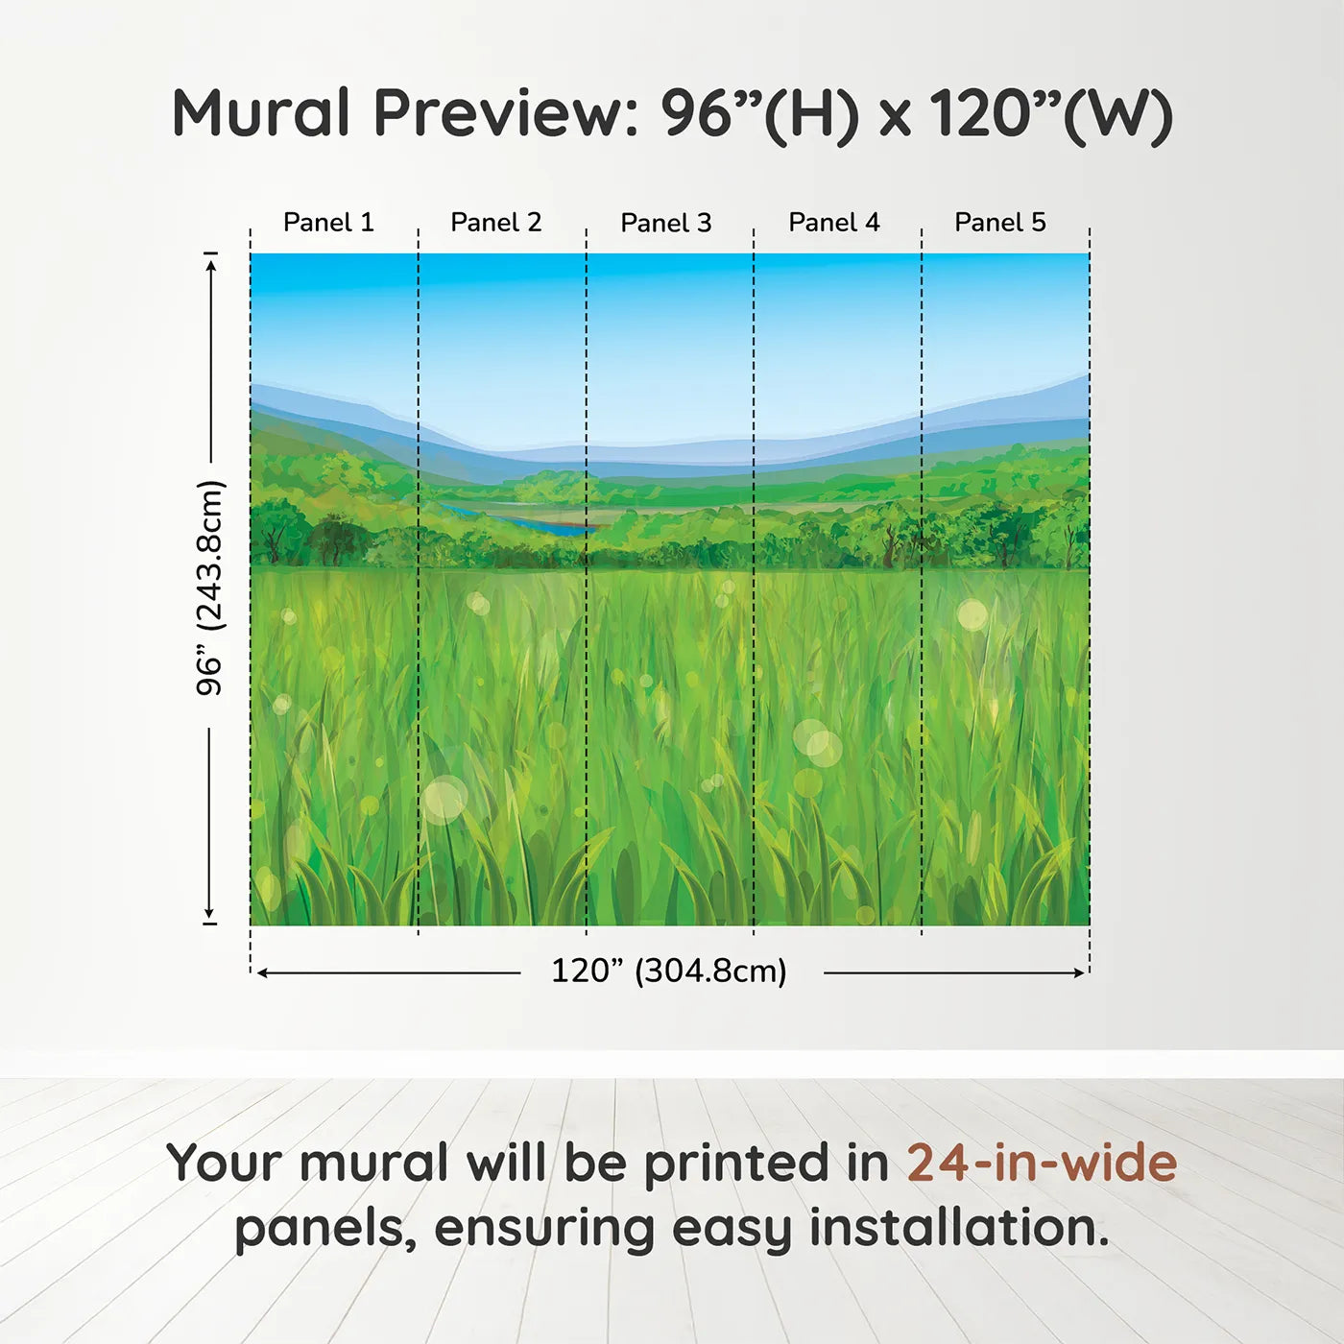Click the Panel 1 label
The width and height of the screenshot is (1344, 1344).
(x=328, y=223)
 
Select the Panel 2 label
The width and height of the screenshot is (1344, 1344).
(x=496, y=223)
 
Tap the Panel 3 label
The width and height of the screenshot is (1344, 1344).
(x=666, y=224)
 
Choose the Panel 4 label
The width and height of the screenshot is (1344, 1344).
(x=834, y=223)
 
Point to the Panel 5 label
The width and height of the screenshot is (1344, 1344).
(x=1000, y=223)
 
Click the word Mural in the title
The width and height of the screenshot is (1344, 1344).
(x=261, y=113)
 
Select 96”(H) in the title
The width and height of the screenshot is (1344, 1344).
(x=759, y=113)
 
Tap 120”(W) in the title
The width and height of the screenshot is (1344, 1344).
(x=1051, y=113)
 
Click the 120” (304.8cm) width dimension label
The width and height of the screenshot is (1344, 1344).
(x=669, y=972)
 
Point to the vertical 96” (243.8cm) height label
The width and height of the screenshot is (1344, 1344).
(x=209, y=588)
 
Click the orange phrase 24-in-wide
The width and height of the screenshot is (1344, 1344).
(x=1042, y=1164)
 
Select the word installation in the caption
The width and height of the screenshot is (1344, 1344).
(x=959, y=1229)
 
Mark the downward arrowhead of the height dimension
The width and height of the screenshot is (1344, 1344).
(x=209, y=914)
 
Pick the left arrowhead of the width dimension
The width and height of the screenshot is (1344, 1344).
(x=262, y=972)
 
